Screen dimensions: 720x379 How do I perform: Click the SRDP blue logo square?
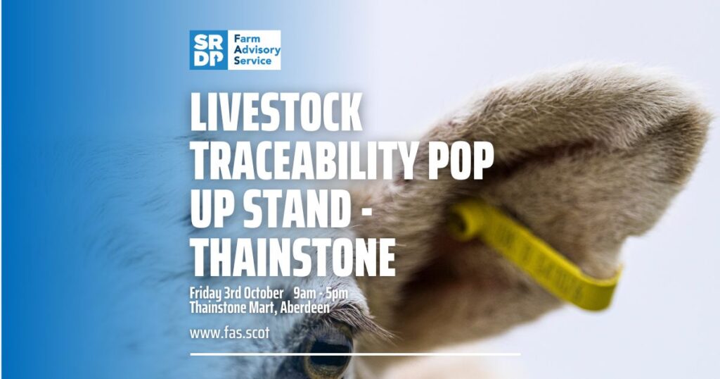pos(208,50)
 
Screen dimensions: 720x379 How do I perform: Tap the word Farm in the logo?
pos(247,39)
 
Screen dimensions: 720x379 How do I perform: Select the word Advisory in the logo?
pos(257,50)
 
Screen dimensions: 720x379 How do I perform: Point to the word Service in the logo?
pos(252,61)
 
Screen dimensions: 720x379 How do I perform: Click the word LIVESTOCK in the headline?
pos(276,112)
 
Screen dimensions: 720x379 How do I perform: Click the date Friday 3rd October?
pos(236,294)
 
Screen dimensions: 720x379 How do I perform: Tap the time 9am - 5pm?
pos(321,294)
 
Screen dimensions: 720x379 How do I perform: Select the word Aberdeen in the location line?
pos(305,308)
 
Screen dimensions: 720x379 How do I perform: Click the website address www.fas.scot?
pos(230,333)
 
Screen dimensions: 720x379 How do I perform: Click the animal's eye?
pos(328,352)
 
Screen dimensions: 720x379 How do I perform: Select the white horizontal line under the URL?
pos(355,354)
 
